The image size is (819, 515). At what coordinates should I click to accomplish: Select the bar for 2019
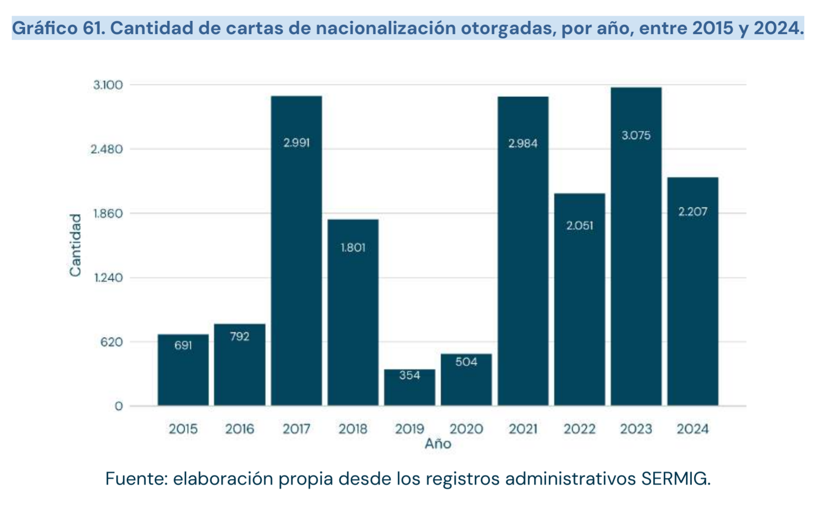409,387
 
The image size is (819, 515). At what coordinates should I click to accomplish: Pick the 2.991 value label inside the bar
296,143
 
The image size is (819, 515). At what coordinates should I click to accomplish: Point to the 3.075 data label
636,135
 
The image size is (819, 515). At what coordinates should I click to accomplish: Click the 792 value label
239,336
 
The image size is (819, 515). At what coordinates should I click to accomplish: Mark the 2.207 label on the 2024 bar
693,211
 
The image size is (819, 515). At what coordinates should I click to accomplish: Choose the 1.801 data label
353,248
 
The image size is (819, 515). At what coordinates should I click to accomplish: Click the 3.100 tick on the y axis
108,85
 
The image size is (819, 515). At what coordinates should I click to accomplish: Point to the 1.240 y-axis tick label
108,277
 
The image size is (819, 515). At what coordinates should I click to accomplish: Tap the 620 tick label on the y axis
112,342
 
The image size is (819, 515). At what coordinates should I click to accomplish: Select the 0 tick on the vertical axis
118,406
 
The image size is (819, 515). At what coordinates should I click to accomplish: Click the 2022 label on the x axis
580,429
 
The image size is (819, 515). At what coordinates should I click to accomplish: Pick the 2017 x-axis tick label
296,429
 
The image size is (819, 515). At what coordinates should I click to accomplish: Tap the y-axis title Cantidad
76,245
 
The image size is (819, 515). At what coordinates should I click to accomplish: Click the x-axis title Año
438,444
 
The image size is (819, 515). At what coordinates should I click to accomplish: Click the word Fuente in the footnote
135,479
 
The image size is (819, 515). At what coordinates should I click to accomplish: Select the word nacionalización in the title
385,28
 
